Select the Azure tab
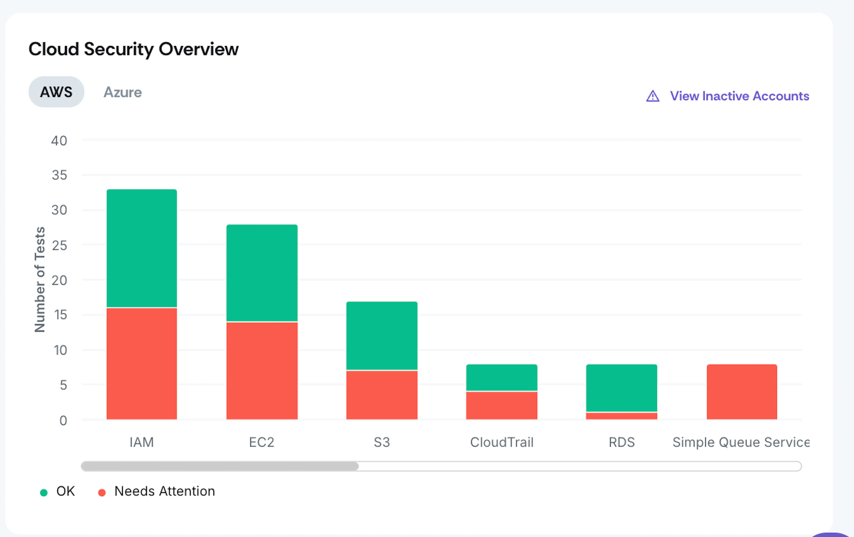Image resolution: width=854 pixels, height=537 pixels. point(123,92)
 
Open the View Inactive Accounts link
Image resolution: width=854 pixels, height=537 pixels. point(739,96)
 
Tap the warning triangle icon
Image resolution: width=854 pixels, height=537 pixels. point(653,96)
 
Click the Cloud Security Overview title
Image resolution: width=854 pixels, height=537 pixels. point(133,49)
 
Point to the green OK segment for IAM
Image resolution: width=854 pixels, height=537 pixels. point(142,248)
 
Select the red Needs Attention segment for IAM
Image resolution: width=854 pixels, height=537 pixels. point(142,363)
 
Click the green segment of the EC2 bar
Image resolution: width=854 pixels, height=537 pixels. point(262,273)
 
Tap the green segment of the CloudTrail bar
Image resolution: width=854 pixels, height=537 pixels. point(502,377)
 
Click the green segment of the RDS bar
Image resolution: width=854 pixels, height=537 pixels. point(622,388)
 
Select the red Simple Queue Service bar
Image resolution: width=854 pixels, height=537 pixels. point(742,392)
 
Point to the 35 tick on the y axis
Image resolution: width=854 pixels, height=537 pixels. point(59,175)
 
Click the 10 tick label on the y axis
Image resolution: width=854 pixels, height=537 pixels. point(60,350)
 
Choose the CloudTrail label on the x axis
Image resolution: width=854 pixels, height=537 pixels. point(502,442)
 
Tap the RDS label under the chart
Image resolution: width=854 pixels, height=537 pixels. point(622,442)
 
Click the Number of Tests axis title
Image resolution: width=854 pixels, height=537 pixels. point(40,279)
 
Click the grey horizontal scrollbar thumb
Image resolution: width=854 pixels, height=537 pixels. point(220,466)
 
